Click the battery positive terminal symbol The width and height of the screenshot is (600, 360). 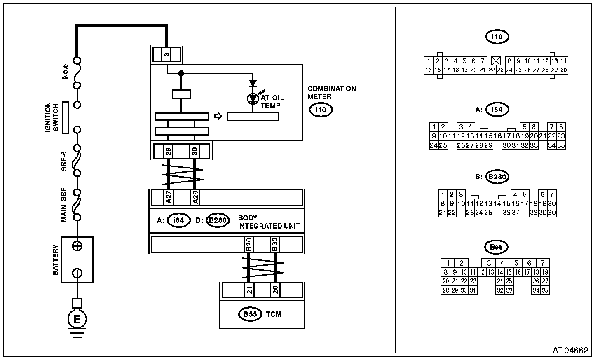tap(77, 246)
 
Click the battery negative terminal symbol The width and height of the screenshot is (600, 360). tap(77, 273)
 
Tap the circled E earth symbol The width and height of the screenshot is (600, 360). tap(77, 318)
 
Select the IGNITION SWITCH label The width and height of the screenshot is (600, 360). tap(52, 117)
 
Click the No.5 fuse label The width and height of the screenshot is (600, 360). tap(66, 71)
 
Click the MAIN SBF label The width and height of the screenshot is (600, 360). tap(64, 206)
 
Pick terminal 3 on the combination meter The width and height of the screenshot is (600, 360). tap(166, 55)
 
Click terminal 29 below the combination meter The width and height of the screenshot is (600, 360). tap(168, 151)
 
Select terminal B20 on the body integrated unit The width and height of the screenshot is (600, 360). tap(249, 245)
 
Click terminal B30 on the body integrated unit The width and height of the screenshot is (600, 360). tap(275, 245)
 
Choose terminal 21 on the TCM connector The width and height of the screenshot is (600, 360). tap(249, 290)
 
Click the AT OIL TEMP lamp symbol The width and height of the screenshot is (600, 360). tap(253, 98)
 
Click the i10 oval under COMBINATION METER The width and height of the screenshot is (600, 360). tap(321, 110)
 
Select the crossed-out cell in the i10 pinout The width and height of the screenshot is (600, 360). tap(496, 61)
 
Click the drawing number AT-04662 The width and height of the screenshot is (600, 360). tap(570, 351)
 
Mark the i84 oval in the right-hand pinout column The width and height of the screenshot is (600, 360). tap(497, 110)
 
